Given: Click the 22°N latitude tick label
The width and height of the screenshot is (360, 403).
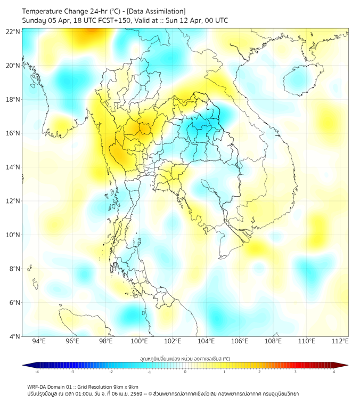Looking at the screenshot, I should click(13, 31).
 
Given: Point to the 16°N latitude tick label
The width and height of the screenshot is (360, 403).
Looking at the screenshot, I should click(13, 133).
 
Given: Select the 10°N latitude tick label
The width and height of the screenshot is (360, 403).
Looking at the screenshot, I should click(13, 235).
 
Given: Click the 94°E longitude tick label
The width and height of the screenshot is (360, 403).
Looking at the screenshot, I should click(39, 341).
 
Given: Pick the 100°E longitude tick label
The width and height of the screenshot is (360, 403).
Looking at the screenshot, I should click(140, 341).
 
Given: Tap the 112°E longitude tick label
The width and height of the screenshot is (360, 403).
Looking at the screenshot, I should click(340, 341).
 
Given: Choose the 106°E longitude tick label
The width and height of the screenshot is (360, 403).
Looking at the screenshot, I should click(240, 341).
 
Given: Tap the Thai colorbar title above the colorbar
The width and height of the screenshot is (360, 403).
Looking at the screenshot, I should click(185, 359).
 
